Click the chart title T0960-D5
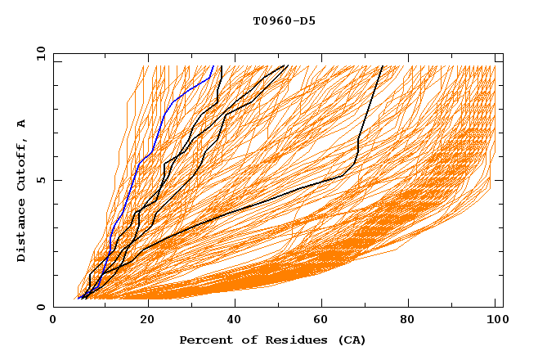284,21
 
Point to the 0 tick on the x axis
54,322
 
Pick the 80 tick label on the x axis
413,322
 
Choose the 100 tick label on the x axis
498,322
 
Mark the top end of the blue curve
213,66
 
